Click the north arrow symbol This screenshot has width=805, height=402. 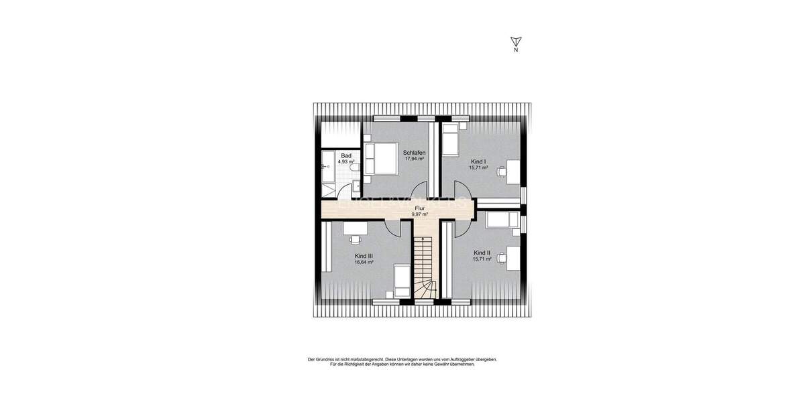click(x=515, y=42)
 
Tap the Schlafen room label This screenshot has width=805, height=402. click(x=415, y=153)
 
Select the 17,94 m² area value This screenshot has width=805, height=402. click(x=415, y=159)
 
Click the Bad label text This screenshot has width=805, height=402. click(x=345, y=155)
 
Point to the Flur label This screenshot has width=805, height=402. click(x=419, y=209)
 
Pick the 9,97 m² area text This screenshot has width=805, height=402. click(x=420, y=215)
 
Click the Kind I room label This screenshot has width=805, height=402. click(x=479, y=161)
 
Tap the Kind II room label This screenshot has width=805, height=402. click(x=482, y=253)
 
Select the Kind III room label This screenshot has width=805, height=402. click(x=364, y=256)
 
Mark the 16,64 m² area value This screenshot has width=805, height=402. click(x=364, y=263)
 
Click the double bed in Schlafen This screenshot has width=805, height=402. click(x=380, y=159)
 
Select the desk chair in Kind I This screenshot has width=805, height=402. click(x=501, y=171)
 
